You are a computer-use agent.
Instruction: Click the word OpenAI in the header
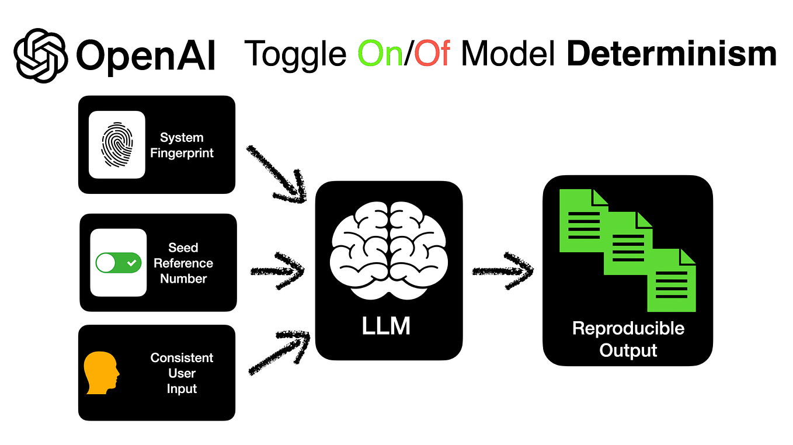click(145, 55)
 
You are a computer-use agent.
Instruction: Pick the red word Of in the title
click(433, 54)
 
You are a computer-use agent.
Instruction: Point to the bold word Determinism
click(672, 54)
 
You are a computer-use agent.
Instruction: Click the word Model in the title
click(508, 54)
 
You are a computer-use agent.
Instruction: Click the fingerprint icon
click(117, 144)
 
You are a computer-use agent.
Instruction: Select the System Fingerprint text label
click(182, 145)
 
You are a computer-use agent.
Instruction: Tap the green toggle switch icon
click(119, 263)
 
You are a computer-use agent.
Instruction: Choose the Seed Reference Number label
click(183, 263)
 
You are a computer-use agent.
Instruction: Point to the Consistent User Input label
click(182, 373)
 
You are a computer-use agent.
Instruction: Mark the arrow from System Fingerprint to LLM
click(277, 173)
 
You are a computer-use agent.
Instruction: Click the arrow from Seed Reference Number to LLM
click(278, 271)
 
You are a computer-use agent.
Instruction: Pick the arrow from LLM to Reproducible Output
click(502, 270)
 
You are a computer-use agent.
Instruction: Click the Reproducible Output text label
click(628, 339)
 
